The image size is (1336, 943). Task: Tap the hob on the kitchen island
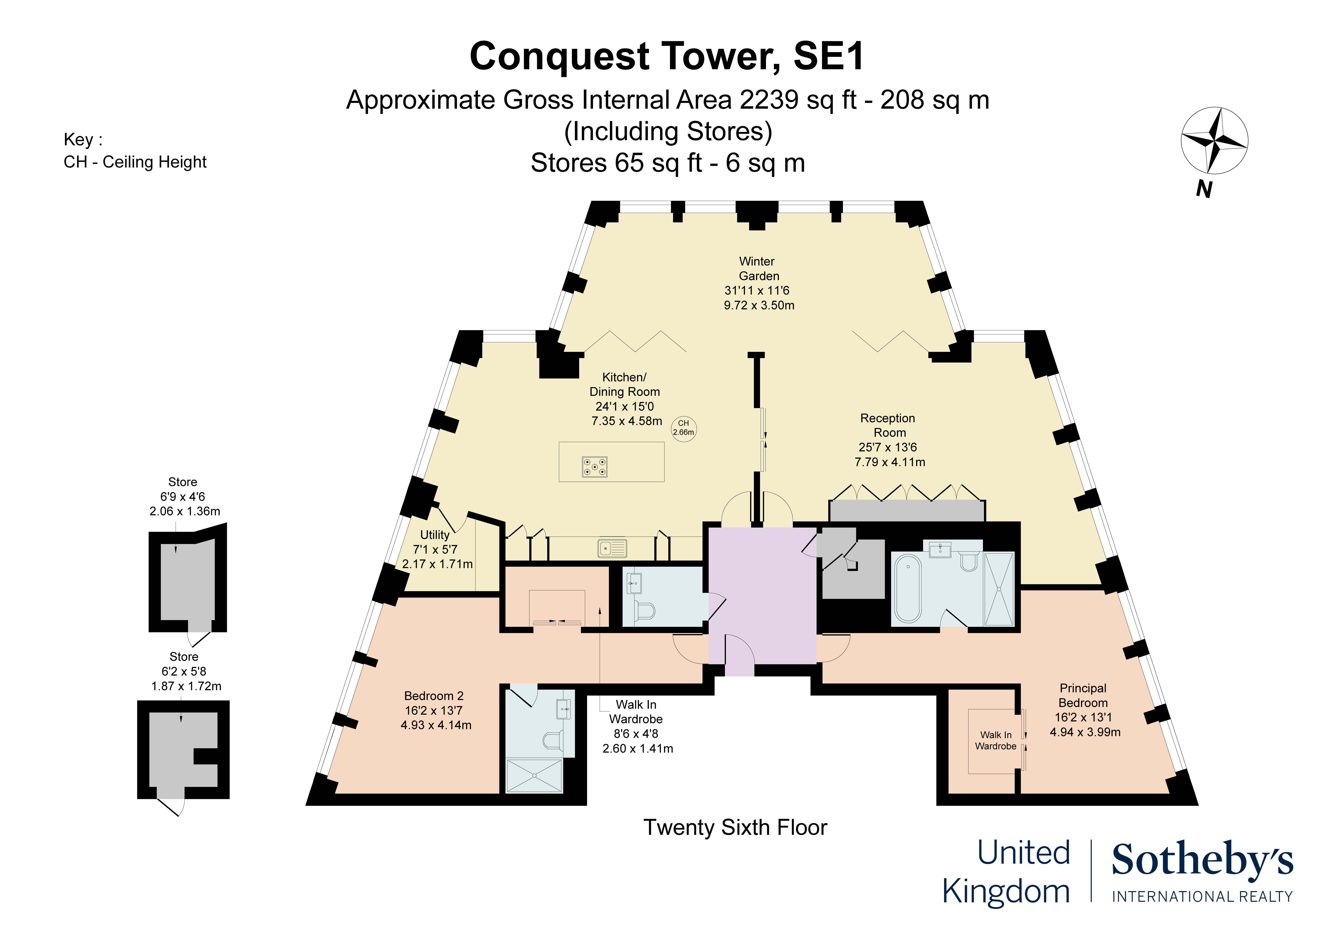[595, 466]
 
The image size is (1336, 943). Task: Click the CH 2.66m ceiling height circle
[684, 429]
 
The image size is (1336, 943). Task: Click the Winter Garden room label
[758, 269]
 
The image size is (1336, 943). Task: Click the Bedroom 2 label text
[434, 696]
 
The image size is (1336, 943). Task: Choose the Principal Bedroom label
[1083, 695]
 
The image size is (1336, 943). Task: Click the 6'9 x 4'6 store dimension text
[183, 496]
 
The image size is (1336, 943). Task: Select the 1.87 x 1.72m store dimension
[186, 686]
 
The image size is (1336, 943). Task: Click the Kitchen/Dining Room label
[624, 384]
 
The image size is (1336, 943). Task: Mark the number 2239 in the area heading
[769, 100]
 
